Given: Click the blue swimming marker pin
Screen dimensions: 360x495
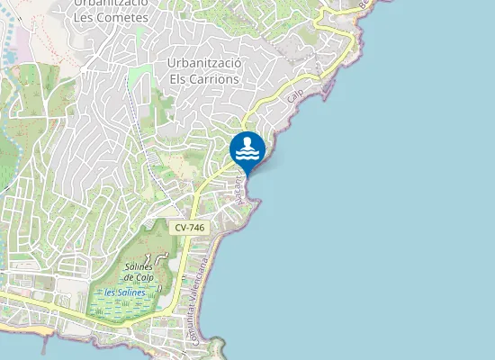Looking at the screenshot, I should (247, 149).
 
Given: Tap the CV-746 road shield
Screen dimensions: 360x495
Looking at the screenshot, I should (189, 228).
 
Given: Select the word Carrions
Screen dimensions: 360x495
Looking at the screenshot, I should (215, 78).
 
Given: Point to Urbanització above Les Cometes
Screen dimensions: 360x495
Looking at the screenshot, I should (111, 3).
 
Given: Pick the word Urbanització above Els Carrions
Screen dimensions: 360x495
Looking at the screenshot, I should (204, 63).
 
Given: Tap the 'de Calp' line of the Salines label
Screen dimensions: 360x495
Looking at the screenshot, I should (139, 277).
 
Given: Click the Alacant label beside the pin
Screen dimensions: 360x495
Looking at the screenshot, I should (240, 187).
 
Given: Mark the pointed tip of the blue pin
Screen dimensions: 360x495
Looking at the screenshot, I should (247, 175).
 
